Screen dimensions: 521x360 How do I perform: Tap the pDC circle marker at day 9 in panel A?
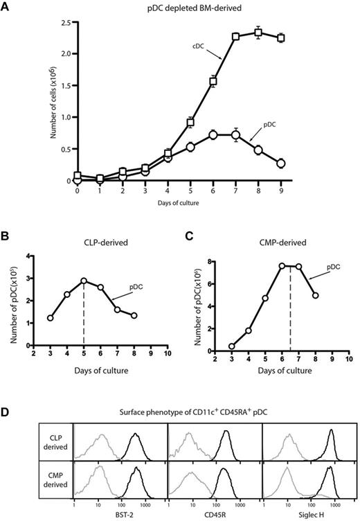[x=300, y=164]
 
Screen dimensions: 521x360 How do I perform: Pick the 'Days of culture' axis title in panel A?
[x=187, y=200]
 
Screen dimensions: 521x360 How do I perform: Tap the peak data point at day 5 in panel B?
[x=84, y=281]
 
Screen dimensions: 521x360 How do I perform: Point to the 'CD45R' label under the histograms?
[x=214, y=513]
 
